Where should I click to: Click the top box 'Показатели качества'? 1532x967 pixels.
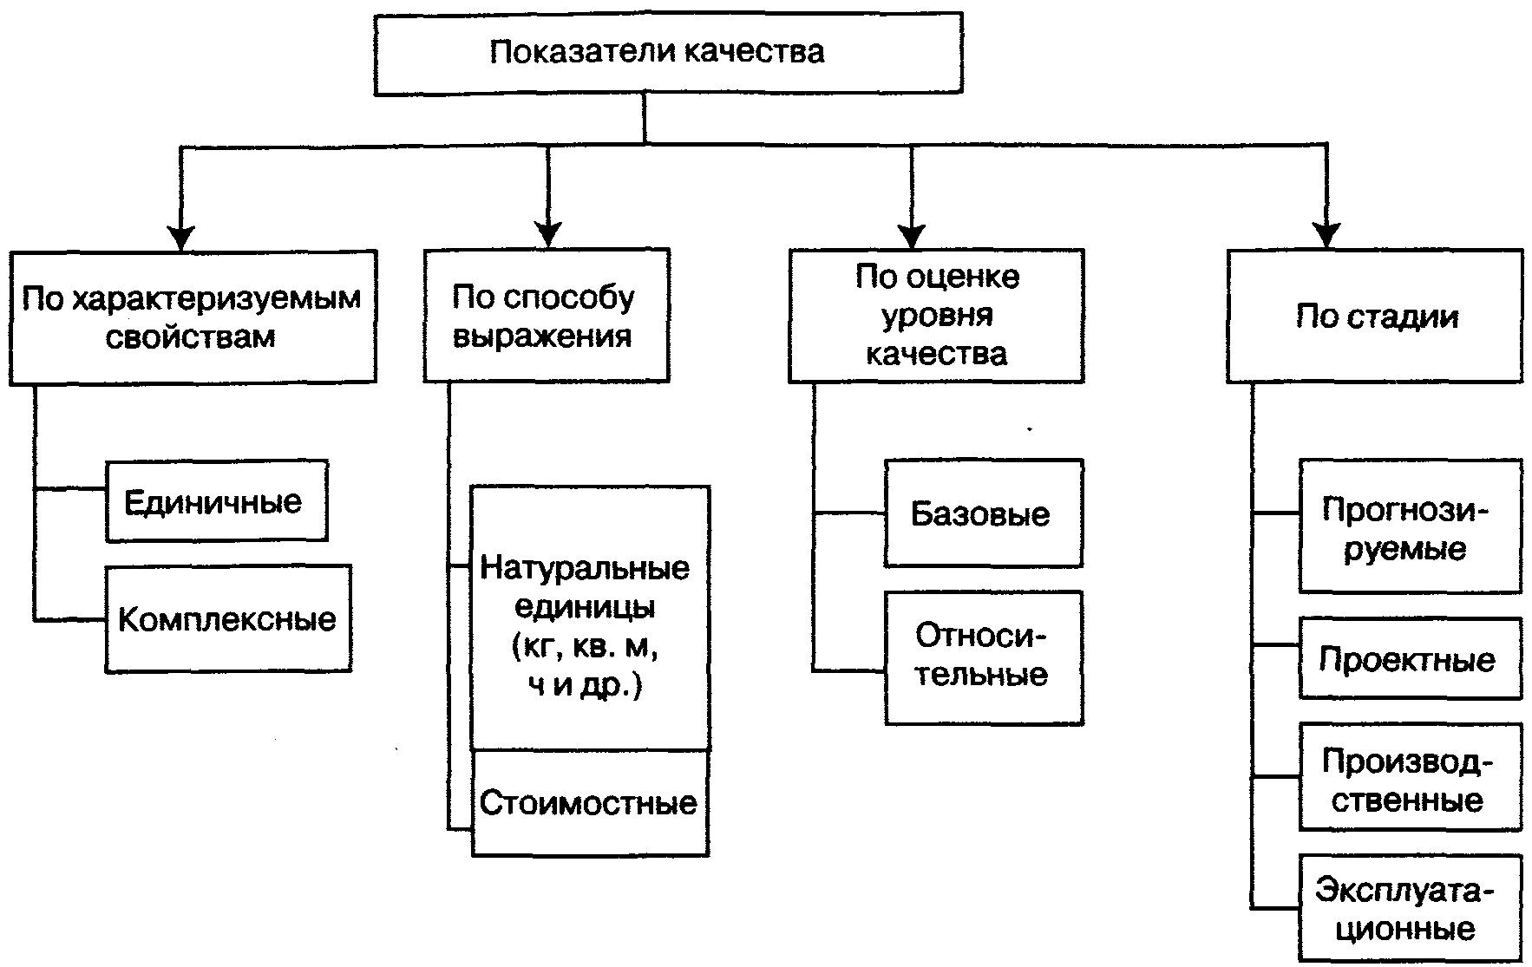[x=668, y=52]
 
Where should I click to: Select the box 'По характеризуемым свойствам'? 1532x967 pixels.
[x=193, y=317]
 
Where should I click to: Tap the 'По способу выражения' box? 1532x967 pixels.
[x=546, y=316]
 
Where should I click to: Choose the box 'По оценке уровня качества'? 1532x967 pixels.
[x=936, y=316]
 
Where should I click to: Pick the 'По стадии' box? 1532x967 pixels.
[x=1374, y=317]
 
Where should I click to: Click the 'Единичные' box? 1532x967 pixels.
[x=216, y=501]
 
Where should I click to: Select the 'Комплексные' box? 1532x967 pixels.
[x=228, y=618]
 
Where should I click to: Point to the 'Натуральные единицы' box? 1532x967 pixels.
[x=590, y=617]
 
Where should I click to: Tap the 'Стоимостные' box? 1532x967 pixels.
[x=590, y=803]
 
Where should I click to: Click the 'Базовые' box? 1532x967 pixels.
[x=983, y=513]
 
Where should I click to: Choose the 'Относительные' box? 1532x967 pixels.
[x=983, y=657]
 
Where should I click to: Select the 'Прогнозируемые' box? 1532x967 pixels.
[x=1410, y=526]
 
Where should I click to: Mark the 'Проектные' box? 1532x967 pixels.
[x=1410, y=658]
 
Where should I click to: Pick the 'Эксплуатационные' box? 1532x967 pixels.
[x=1410, y=908]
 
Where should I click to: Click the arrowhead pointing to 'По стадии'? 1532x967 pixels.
[x=1326, y=236]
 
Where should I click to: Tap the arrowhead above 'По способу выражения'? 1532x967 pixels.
[x=547, y=235]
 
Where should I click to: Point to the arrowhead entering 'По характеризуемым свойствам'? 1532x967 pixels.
[x=180, y=237]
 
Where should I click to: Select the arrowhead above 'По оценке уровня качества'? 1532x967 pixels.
[x=911, y=236]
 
